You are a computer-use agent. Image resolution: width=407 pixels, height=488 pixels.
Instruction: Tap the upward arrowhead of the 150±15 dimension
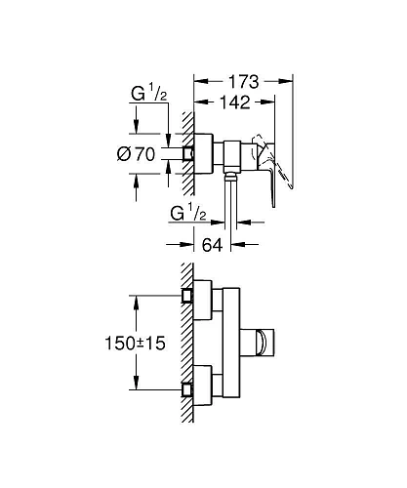click(x=137, y=298)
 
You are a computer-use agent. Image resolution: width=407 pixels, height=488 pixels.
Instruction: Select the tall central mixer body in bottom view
click(x=227, y=342)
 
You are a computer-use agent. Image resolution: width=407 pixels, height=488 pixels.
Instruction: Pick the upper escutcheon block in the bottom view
click(x=200, y=300)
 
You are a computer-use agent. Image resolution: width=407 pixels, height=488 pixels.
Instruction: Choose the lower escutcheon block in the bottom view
click(x=200, y=385)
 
